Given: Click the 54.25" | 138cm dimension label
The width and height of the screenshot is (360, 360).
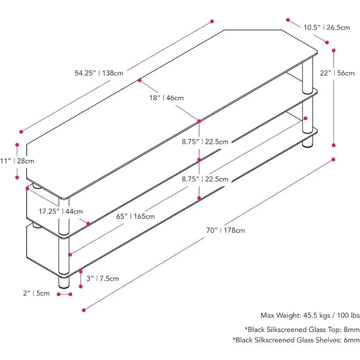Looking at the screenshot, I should [99, 73].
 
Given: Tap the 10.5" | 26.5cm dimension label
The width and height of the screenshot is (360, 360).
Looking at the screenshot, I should [327, 27].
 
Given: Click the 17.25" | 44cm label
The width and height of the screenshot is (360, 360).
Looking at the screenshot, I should [60, 211].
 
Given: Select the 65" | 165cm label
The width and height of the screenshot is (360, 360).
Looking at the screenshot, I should [135, 216].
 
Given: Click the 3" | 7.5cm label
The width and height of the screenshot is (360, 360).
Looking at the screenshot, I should [102, 278].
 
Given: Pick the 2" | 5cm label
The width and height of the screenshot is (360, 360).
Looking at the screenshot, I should [35, 294].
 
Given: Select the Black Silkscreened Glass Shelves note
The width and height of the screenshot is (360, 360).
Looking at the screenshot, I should [295, 339].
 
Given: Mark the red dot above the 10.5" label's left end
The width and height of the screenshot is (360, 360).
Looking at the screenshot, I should [287, 20].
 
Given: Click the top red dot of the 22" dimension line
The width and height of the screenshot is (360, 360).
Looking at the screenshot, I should [334, 50].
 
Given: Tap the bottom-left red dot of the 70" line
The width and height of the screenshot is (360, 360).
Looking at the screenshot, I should [83, 310].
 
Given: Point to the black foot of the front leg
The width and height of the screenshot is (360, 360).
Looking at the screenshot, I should [64, 283].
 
